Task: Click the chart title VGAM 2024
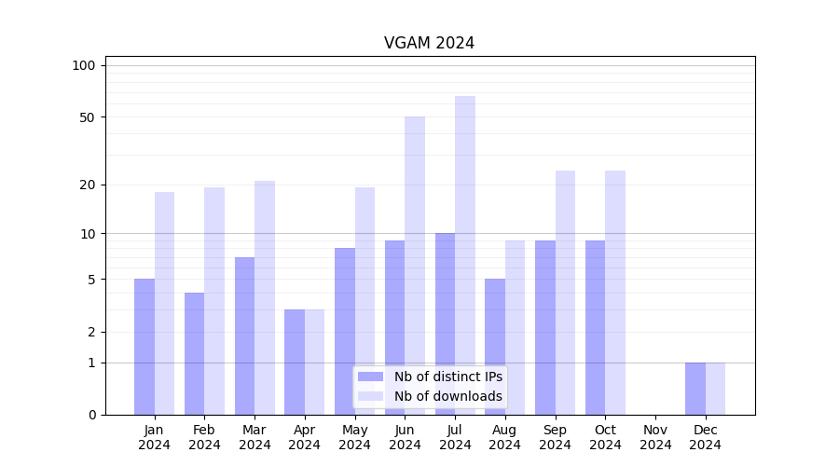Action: [x=429, y=43]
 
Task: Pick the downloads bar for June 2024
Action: [x=415, y=266]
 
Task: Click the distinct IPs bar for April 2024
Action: [x=295, y=362]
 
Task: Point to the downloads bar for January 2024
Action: [x=165, y=303]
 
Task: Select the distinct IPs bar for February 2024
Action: [x=195, y=353]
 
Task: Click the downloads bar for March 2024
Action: [x=265, y=297]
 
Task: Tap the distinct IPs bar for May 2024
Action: [x=345, y=331]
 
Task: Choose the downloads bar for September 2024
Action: [x=565, y=293]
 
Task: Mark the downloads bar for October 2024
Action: [x=615, y=293]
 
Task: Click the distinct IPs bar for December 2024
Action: [x=695, y=389]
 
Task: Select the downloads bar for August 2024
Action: [x=516, y=327]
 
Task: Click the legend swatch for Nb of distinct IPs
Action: [x=370, y=377]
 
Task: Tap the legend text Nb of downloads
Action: [x=447, y=396]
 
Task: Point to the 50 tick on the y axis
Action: [x=87, y=117]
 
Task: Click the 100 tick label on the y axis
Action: [x=84, y=65]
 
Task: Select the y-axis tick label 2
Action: [x=91, y=332]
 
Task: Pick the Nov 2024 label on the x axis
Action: [x=655, y=437]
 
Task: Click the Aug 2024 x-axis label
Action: [x=505, y=437]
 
